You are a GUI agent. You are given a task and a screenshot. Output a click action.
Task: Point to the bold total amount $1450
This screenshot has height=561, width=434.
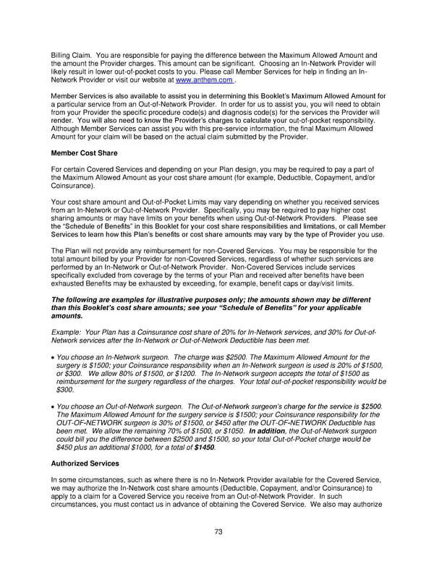tap(203, 447)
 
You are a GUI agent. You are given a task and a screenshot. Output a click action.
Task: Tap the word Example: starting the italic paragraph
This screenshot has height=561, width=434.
tap(67, 332)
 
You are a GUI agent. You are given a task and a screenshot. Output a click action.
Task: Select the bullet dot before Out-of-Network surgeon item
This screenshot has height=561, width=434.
tap(53, 408)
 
